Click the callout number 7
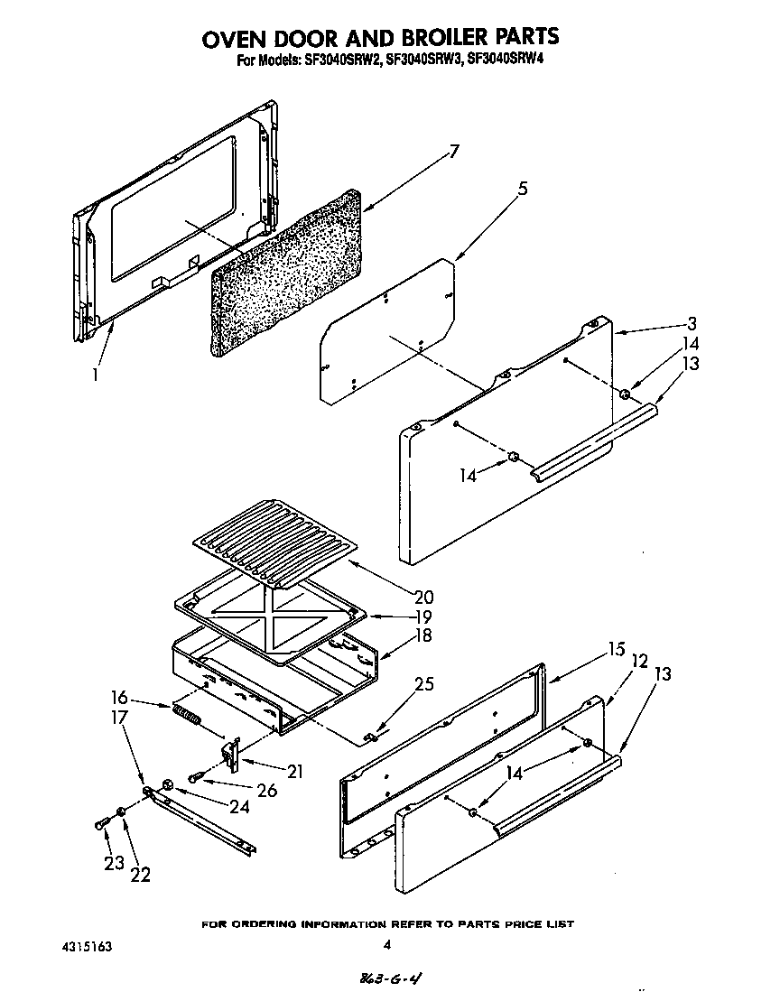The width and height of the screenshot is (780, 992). point(454,152)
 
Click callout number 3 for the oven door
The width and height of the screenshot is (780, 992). point(691,323)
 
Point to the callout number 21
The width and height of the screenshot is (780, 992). point(294,772)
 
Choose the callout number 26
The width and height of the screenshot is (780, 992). point(265,791)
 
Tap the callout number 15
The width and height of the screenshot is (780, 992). point(617,649)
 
